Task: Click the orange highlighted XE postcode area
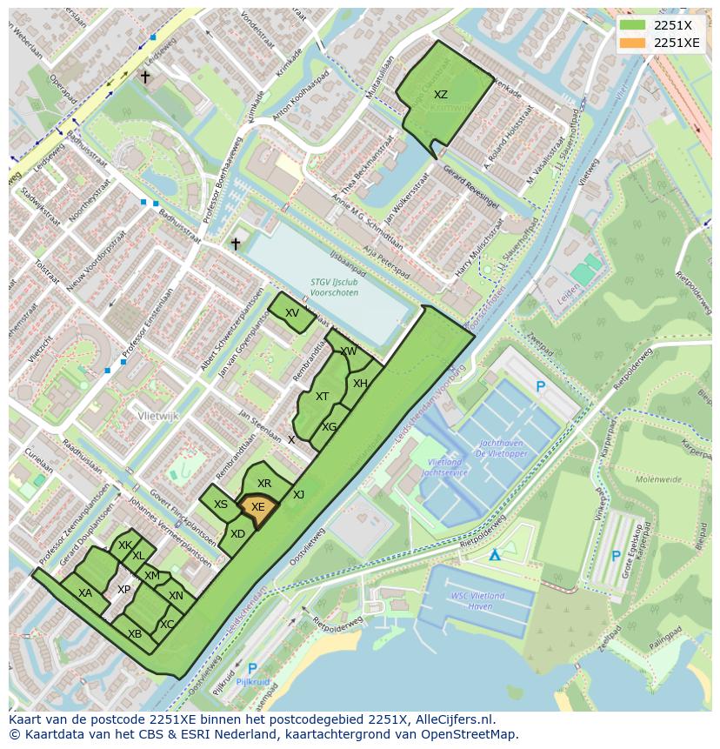258,508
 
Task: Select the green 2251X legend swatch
633,25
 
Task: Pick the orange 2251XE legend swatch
633,43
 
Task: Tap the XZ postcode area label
441,95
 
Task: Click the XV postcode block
292,313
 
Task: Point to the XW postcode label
349,351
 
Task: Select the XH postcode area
360,384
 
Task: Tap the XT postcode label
323,397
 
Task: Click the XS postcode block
221,505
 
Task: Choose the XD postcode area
237,534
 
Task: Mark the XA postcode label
85,593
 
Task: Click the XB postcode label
135,634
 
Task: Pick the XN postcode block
177,596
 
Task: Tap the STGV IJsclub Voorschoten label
335,287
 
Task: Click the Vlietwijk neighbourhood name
157,417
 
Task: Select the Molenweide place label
657,478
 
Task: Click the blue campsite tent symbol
495,554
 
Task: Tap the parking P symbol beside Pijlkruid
251,668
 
